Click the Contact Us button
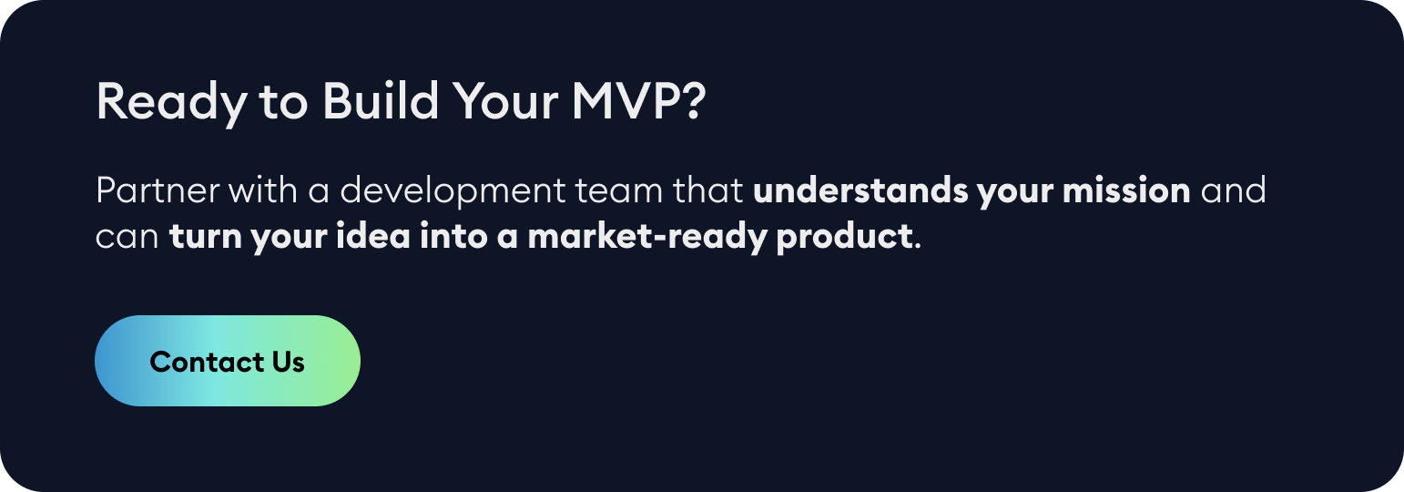tap(228, 362)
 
